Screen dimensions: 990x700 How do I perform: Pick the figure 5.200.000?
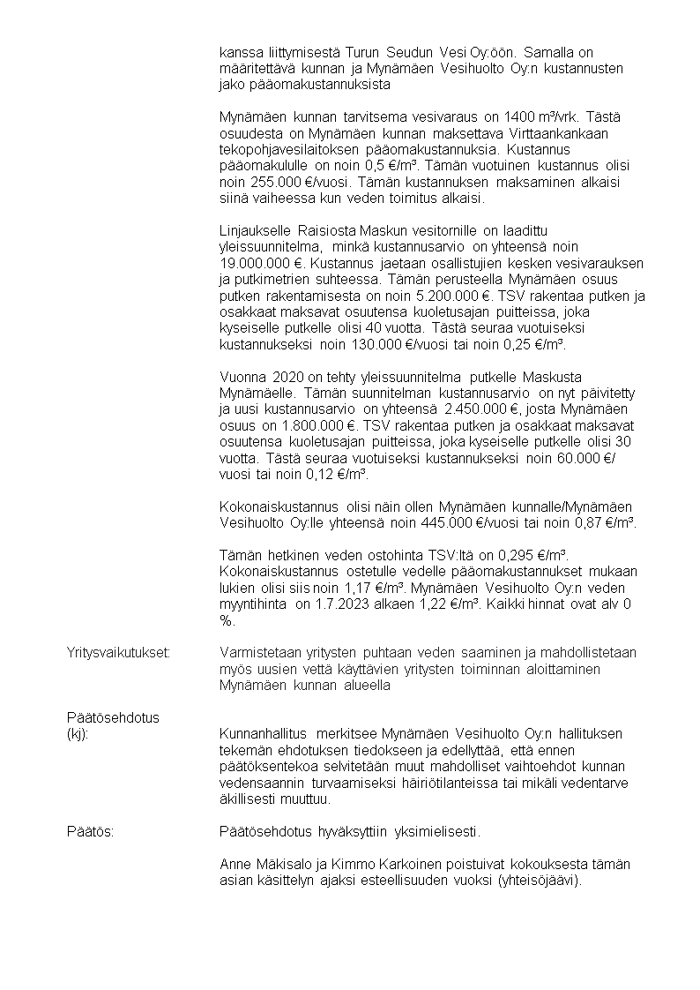coord(464,296)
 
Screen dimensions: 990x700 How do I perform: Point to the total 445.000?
coord(446,522)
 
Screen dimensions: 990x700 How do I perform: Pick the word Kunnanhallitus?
coord(262,734)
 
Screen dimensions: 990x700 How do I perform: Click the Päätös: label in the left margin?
coord(90,832)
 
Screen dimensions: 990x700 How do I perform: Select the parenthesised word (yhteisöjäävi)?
coord(538,881)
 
